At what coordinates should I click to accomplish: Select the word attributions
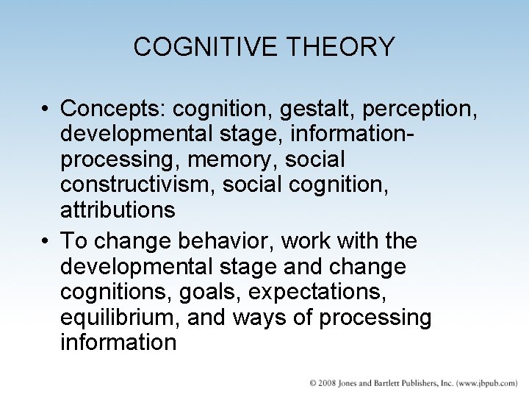118,210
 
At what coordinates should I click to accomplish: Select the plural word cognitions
117,291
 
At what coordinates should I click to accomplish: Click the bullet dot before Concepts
46,110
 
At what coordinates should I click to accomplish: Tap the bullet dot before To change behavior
46,241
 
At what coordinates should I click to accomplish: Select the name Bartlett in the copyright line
397,384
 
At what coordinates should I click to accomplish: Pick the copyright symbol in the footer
313,384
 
